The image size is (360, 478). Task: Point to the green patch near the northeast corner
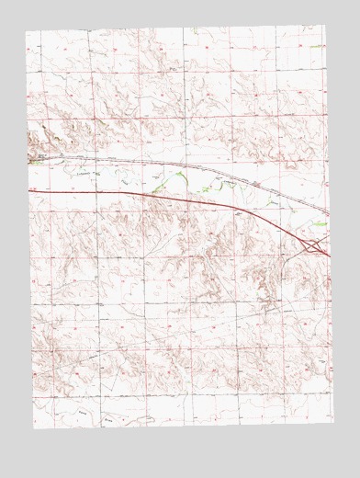(317, 46)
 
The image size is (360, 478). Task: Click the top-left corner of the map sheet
(28, 30)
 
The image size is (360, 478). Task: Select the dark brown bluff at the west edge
(37, 140)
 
